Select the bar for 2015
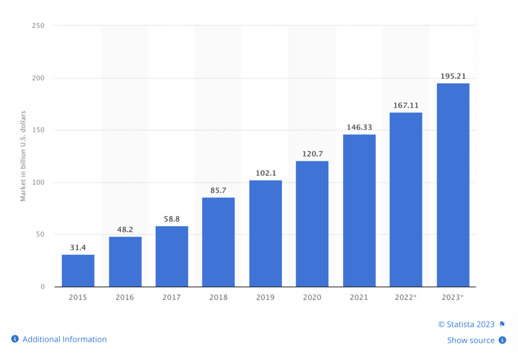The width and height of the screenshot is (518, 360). click(78, 271)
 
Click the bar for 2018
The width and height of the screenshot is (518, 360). click(219, 242)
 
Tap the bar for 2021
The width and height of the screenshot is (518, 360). click(359, 210)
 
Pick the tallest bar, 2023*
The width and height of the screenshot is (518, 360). click(453, 185)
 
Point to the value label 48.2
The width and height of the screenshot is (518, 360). click(125, 230)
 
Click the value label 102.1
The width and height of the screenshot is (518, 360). click(266, 173)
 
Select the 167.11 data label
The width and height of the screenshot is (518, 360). click(406, 106)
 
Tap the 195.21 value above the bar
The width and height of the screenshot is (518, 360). click(453, 76)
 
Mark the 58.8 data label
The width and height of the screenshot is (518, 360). click(171, 219)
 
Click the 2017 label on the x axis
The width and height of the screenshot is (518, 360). click(171, 297)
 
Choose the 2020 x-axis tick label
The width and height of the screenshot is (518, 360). click(312, 297)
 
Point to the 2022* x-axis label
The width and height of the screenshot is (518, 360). click(406, 297)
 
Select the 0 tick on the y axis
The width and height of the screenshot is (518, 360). click(42, 287)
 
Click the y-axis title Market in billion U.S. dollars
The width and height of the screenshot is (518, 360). click(23, 155)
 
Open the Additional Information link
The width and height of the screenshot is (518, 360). click(64, 339)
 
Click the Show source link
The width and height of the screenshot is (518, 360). click(470, 340)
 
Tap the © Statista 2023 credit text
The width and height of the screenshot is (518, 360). click(466, 325)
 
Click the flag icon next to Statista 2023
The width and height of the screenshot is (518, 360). click(502, 325)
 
